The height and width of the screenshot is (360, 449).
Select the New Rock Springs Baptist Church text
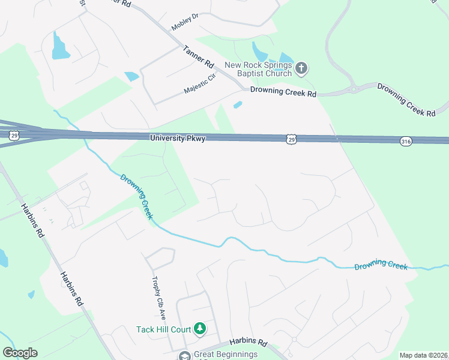coord(258,69)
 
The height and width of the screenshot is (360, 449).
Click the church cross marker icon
coord(301,69)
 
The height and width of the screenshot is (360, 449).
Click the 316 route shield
coord(406,140)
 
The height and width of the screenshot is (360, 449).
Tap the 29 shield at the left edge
coord(14,136)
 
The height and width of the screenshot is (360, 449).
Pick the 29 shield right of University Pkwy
coord(291,139)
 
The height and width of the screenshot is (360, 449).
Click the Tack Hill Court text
coord(163,329)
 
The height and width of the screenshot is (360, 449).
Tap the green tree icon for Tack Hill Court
coord(200,329)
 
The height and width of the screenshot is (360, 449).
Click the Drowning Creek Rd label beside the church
coord(283,93)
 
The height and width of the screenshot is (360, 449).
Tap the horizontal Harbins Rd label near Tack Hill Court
coord(247,342)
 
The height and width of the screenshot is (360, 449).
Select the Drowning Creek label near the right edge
coord(381,266)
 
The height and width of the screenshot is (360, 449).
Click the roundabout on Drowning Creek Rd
coord(354,89)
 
